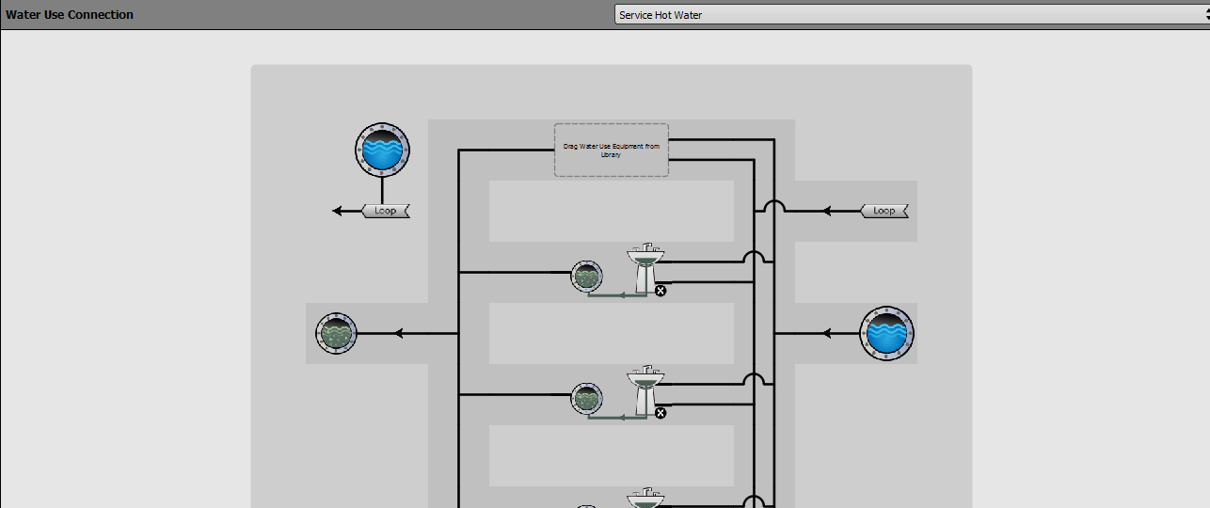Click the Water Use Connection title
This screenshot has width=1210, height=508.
69,14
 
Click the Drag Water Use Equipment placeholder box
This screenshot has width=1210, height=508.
611,151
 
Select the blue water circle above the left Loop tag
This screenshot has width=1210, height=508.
382,150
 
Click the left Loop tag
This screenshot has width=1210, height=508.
386,211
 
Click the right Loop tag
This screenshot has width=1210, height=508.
884,211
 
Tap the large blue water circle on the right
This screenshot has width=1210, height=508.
886,333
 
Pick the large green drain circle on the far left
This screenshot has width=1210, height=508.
336,333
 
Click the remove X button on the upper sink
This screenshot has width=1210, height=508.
661,291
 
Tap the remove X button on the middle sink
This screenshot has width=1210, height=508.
661,413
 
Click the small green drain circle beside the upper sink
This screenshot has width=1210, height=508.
586,277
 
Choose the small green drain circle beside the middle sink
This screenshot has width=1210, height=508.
586,399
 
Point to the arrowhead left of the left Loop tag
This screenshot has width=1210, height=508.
337,211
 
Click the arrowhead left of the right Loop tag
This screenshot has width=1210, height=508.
826,211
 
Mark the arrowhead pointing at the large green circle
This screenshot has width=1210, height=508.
399,333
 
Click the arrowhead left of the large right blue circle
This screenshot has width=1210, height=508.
826,333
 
